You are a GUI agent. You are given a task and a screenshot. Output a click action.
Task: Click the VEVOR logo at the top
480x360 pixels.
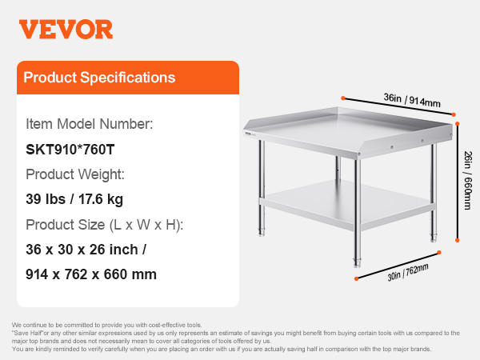(x=66, y=30)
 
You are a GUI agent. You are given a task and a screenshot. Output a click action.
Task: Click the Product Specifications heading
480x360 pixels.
(x=99, y=78)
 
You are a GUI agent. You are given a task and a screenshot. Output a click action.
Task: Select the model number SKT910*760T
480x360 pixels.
(x=70, y=150)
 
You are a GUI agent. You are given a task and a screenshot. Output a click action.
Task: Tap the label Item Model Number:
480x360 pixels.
(x=89, y=124)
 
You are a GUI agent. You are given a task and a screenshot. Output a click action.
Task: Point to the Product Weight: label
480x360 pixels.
(x=75, y=174)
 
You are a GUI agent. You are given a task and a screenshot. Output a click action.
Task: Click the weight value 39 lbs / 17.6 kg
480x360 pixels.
(x=74, y=199)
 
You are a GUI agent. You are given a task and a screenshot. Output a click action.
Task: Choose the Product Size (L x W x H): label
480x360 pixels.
(x=104, y=225)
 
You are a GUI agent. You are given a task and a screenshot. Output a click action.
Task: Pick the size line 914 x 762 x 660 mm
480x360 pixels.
(x=91, y=274)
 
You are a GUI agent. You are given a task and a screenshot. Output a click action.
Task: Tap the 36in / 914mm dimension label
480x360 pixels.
(x=412, y=100)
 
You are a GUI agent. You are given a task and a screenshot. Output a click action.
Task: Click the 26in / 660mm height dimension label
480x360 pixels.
(x=467, y=180)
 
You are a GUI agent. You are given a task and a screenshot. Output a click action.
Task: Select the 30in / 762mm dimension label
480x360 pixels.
(x=408, y=272)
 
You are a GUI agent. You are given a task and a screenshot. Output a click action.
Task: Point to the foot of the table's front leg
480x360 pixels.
(x=357, y=262)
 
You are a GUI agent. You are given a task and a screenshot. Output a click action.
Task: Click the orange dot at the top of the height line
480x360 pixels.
(x=458, y=124)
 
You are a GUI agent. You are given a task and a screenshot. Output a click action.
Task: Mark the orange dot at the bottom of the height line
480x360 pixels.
(x=458, y=240)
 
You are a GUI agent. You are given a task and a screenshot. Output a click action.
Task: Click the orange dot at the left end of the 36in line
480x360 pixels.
(x=343, y=98)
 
